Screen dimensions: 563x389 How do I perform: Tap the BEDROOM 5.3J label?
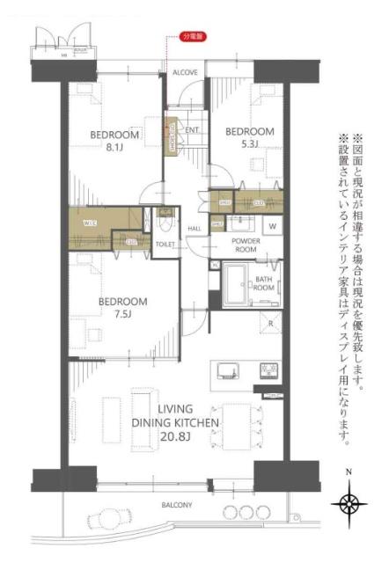tap(250, 138)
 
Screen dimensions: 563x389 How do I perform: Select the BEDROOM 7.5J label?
tap(122, 308)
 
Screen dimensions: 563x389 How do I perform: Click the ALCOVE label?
tap(185, 71)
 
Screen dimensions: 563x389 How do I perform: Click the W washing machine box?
tap(272, 226)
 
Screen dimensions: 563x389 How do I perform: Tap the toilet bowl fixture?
tap(165, 223)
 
